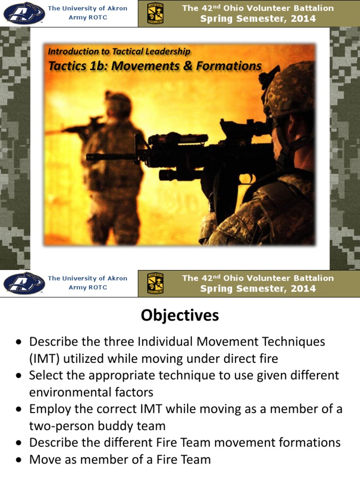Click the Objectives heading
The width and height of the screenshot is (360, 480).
180,316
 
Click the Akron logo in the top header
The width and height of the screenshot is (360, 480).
23,13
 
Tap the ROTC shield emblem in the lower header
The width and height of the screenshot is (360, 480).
155,283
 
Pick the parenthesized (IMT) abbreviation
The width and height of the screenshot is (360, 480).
44,359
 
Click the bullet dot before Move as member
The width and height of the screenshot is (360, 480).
18,460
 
